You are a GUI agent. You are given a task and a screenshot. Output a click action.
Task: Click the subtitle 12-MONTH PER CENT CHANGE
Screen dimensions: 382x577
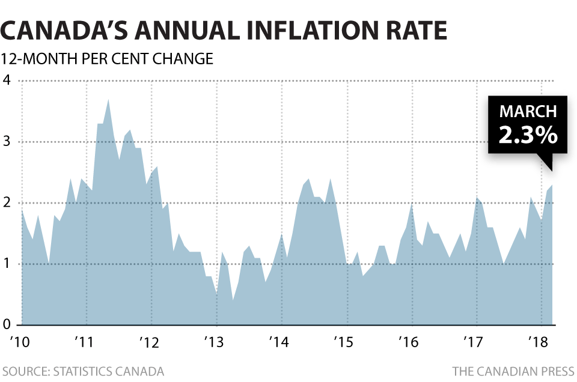click(107, 59)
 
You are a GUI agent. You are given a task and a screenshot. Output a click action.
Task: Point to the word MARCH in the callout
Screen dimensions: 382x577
click(528, 112)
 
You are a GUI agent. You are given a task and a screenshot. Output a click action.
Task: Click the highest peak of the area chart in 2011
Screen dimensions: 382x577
click(108, 100)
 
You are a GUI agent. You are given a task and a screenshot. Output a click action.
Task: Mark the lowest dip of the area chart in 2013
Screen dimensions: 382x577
click(233, 300)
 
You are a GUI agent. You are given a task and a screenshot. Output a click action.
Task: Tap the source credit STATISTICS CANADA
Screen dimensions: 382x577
click(109, 371)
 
